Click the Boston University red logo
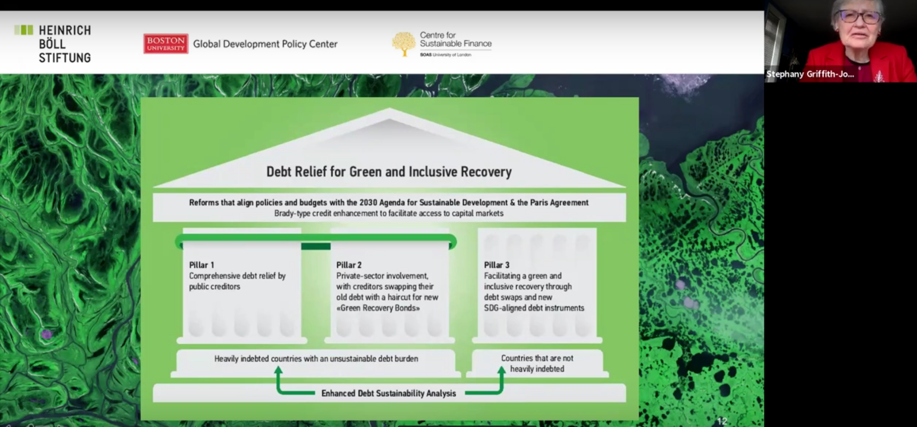point(165,44)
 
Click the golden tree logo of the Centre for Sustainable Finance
point(403,44)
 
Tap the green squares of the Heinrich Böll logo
point(24,30)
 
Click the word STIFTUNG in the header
point(65,58)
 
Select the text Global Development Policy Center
point(265,44)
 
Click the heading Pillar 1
point(201,265)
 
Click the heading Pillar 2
point(349,265)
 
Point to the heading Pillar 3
point(496,265)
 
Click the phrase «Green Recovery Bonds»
point(378,308)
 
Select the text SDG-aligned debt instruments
point(534,308)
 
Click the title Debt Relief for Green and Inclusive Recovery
point(389,172)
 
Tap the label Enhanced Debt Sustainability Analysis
point(389,393)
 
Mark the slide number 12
point(722,421)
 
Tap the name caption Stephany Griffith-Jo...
point(809,74)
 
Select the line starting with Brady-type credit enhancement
point(389,213)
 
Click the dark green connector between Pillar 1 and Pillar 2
point(316,246)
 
